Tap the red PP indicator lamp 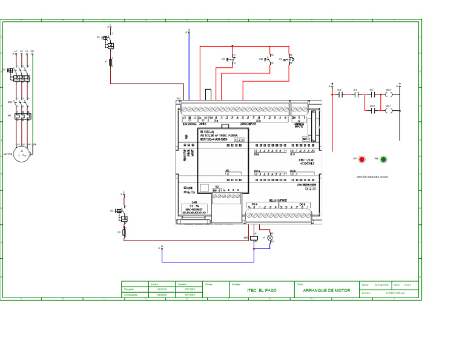pos(362,159)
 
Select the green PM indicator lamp pos(383,159)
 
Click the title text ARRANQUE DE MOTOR pos(326,290)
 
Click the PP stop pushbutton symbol pos(232,60)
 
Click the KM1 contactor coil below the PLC pos(256,238)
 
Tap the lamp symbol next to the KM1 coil pos(270,238)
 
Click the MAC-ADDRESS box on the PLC pos(195,210)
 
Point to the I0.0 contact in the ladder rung pos(340,95)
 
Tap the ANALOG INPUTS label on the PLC pos(299,125)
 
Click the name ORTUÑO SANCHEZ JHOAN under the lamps pos(373,177)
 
